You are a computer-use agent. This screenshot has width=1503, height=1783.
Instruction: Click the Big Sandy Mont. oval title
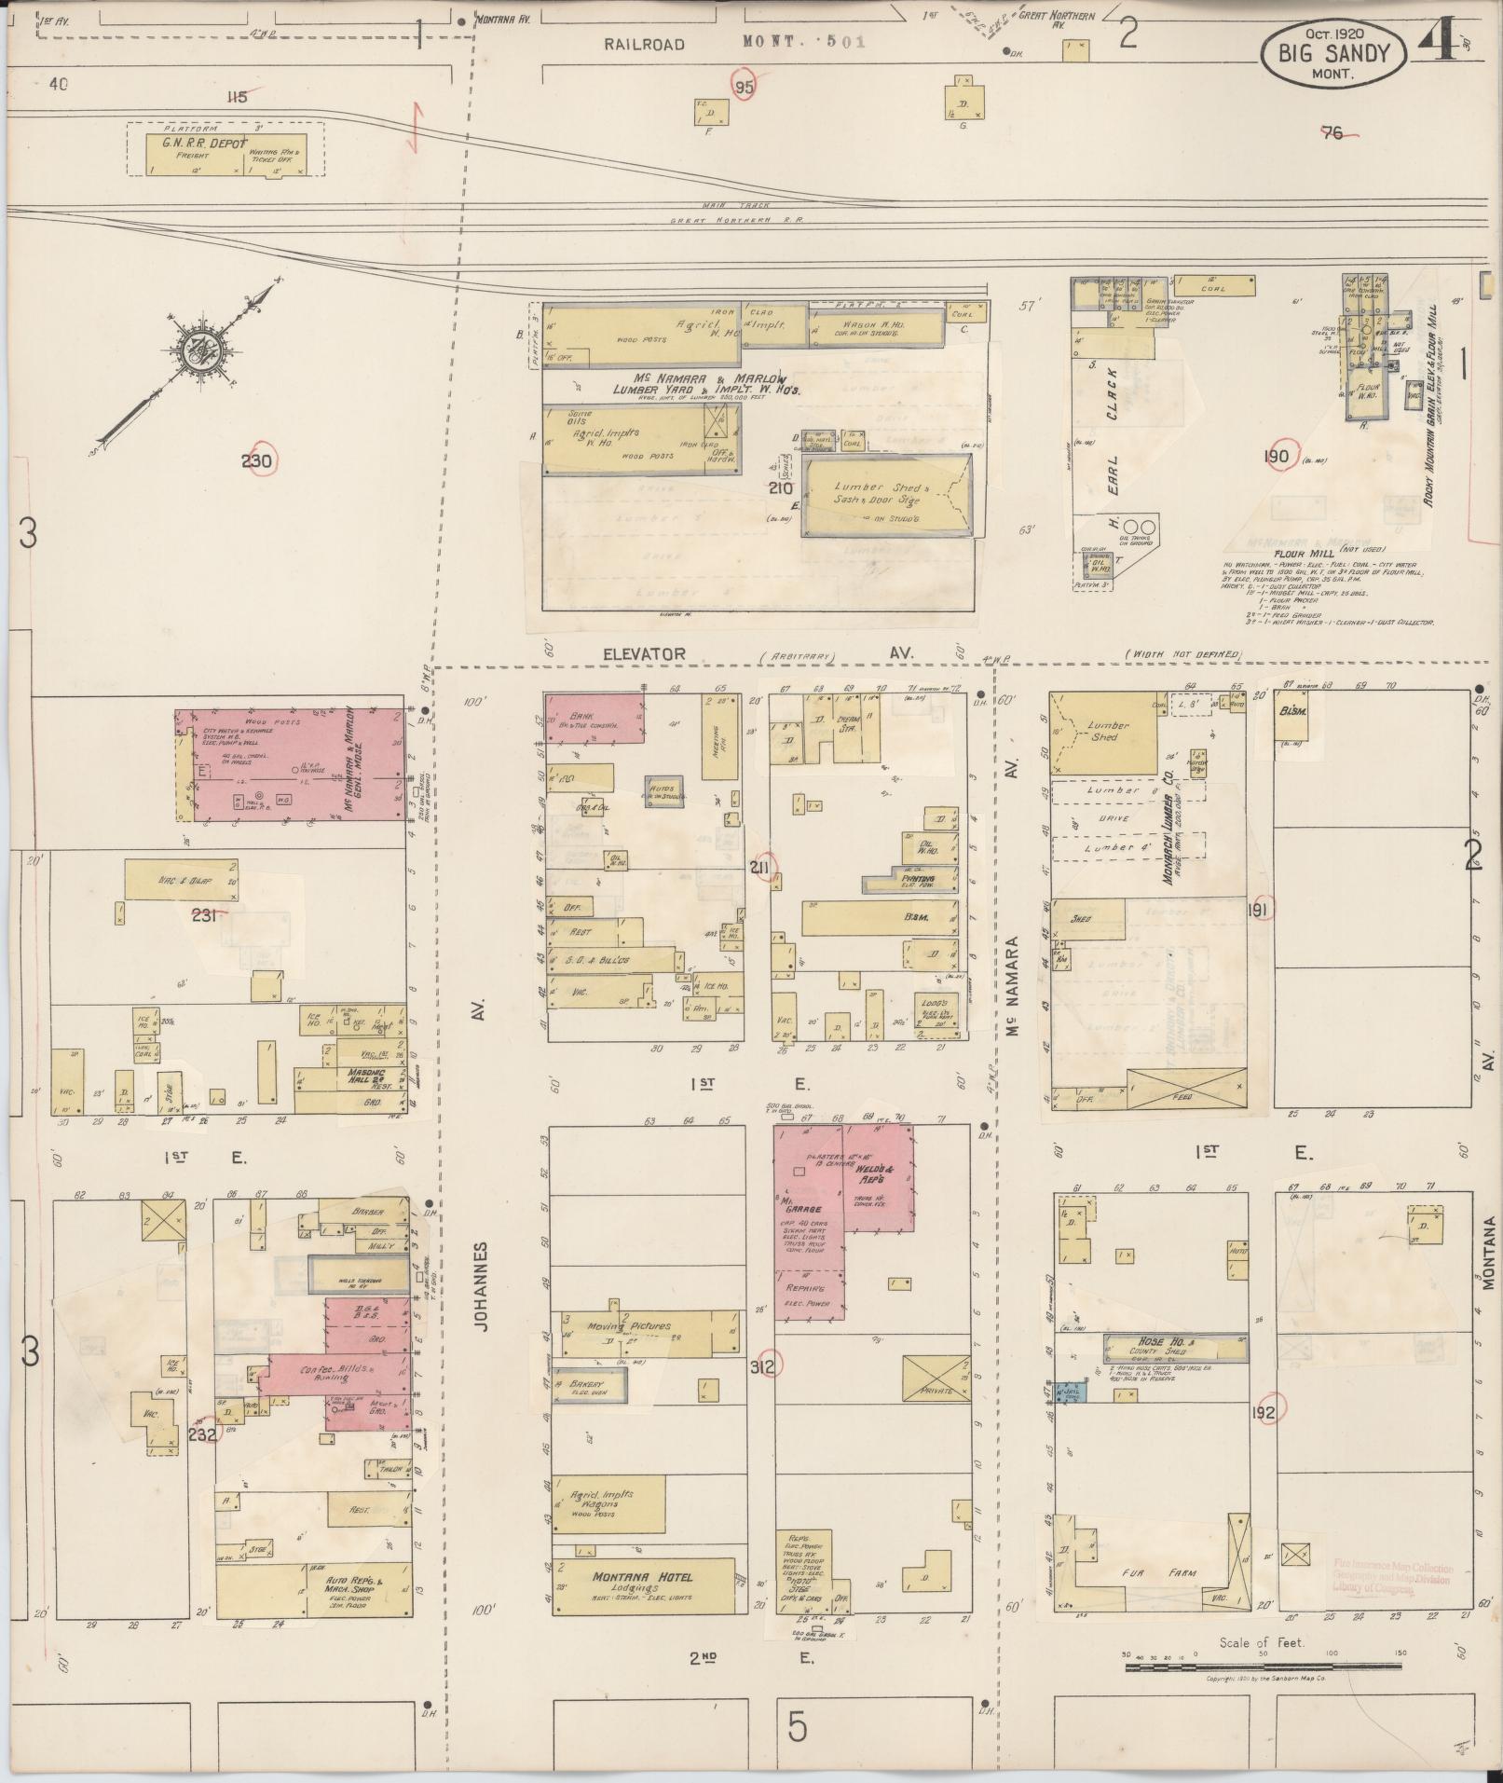[x=1333, y=54]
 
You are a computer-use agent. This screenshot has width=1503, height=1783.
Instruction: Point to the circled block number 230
[x=257, y=460]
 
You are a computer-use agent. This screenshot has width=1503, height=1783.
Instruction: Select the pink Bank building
[x=594, y=718]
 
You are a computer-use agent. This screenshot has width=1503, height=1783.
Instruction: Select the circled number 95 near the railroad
[x=744, y=86]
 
